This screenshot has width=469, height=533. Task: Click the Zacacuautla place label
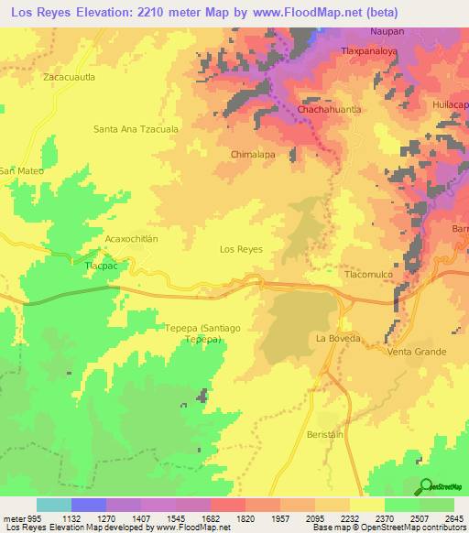point(69,78)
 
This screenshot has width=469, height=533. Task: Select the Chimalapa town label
point(254,155)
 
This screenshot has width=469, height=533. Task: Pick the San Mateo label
point(20,170)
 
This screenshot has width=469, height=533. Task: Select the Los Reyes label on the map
point(242,249)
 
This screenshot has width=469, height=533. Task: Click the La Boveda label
point(335,338)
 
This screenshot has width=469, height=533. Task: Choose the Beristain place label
point(325,434)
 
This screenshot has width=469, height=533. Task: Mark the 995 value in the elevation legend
point(25,518)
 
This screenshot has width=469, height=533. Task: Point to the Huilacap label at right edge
point(452,104)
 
